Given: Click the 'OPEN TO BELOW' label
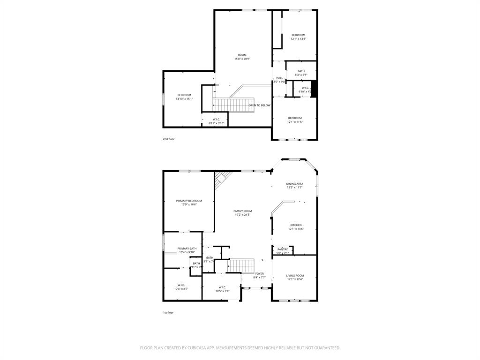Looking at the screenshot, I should click(259, 105).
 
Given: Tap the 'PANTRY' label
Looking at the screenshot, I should click(282, 249).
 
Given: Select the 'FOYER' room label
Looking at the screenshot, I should click(259, 274).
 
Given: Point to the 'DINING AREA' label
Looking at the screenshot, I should click(295, 184).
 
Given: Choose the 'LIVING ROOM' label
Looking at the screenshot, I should click(295, 276).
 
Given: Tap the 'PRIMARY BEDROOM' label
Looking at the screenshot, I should click(189, 201).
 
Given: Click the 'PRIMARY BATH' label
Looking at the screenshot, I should click(187, 248).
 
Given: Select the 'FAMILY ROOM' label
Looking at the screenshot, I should click(242, 211).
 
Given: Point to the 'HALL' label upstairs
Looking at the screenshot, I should click(279, 78).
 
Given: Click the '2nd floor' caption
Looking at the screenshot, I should click(168, 139).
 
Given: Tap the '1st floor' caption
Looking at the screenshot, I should click(168, 312).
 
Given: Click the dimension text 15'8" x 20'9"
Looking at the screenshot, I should click(242, 59).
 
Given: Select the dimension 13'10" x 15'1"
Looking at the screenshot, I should click(184, 99).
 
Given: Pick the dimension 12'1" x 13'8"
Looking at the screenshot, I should click(298, 39).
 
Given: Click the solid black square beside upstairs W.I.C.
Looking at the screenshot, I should click(315, 89).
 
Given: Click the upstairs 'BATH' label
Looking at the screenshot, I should click(301, 71).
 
